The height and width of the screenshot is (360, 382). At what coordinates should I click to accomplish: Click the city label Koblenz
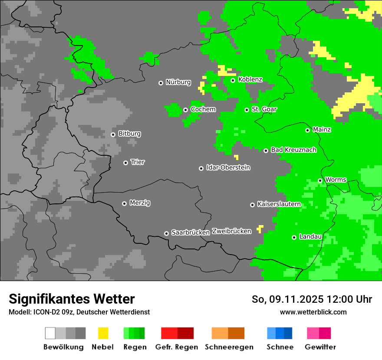pyautogui.click(x=250, y=79)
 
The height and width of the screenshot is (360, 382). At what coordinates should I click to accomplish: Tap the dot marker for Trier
pyautogui.click(x=126, y=163)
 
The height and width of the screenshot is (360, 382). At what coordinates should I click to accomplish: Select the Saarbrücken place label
pyautogui.click(x=191, y=232)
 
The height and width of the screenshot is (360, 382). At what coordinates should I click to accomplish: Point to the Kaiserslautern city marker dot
pyautogui.click(x=252, y=205)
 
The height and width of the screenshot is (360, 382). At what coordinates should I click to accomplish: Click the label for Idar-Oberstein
pyautogui.click(x=228, y=167)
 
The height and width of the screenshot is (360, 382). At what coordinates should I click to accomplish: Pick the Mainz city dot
pyautogui.click(x=307, y=130)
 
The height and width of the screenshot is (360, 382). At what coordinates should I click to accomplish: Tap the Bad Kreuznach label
pyautogui.click(x=293, y=150)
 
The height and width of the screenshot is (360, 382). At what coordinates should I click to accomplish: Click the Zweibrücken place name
pyautogui.click(x=231, y=231)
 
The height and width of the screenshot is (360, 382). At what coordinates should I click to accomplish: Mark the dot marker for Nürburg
pyautogui.click(x=161, y=83)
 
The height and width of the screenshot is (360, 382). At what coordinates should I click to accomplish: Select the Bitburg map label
pyautogui.click(x=129, y=134)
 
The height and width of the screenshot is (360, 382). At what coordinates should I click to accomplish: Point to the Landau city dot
pyautogui.click(x=294, y=237)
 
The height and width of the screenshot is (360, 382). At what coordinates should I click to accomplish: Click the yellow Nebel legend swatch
pyautogui.click(x=103, y=333)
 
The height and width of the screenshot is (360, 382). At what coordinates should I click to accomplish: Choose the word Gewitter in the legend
pyautogui.click(x=320, y=347)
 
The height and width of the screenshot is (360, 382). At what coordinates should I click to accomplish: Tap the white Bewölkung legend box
pyautogui.click(x=50, y=333)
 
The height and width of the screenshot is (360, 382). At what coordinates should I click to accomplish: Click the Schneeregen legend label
pyautogui.click(x=229, y=347)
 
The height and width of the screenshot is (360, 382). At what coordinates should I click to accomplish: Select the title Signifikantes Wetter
pyautogui.click(x=72, y=299)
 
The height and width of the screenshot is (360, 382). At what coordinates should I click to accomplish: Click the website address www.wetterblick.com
pyautogui.click(x=313, y=312)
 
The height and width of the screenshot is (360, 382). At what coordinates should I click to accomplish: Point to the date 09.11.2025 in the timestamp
pyautogui.click(x=296, y=299)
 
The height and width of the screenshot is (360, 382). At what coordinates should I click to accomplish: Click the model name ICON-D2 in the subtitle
pyautogui.click(x=43, y=312)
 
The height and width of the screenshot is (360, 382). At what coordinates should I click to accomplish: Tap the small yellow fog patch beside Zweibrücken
pyautogui.click(x=260, y=228)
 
